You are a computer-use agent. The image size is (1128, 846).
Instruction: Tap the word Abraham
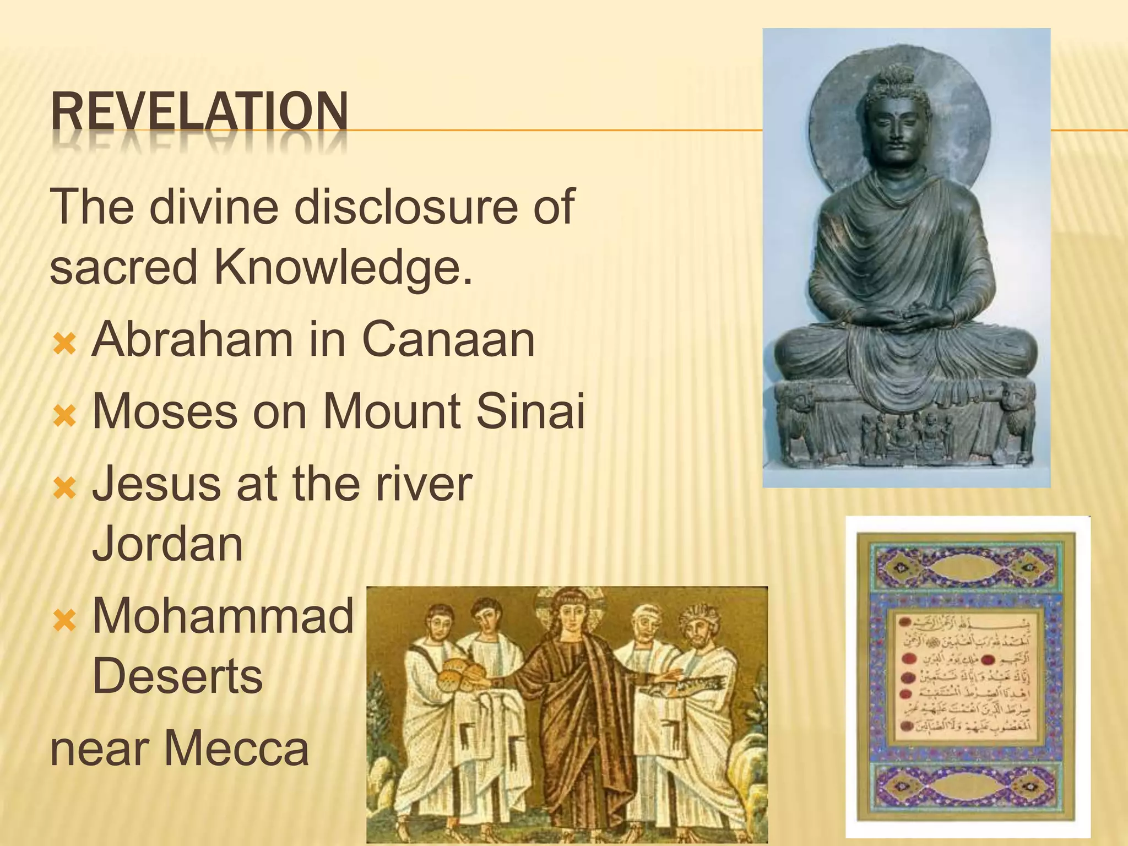coord(192,340)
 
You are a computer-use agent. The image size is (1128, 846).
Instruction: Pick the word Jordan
coord(167,544)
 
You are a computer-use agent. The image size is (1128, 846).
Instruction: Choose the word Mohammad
coord(223,616)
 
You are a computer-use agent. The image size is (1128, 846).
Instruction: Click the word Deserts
coord(177,677)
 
